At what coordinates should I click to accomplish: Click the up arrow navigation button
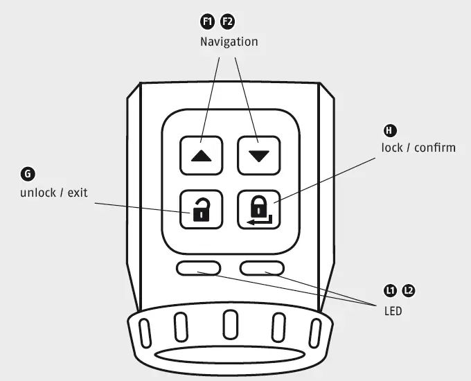click(x=202, y=155)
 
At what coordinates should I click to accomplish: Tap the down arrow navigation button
click(x=258, y=155)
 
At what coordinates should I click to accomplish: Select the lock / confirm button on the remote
click(x=258, y=208)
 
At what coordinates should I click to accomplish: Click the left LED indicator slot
click(x=199, y=268)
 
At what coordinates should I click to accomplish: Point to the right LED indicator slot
click(x=262, y=268)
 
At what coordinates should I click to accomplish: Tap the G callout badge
click(x=28, y=174)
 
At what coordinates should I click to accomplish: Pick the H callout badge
click(x=390, y=130)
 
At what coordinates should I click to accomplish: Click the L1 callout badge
click(x=391, y=290)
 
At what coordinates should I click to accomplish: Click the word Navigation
click(x=229, y=42)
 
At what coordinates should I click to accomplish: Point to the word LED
click(x=393, y=311)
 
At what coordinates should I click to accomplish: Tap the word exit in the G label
click(x=78, y=192)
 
